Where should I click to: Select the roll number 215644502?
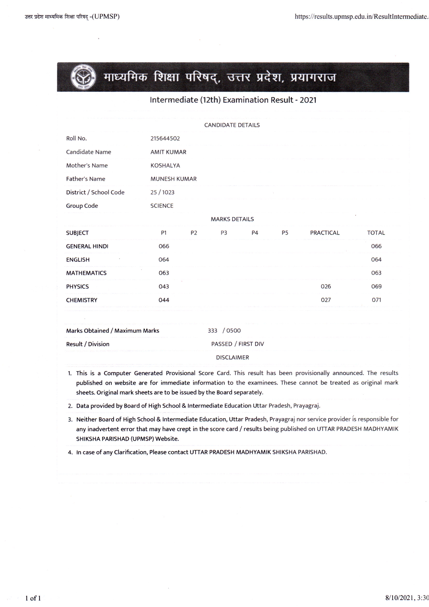[x=165, y=139]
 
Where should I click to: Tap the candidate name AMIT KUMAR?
[x=168, y=152]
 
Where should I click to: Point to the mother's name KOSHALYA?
[x=165, y=165]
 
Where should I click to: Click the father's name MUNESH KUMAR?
[x=173, y=179]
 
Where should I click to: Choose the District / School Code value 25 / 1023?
[x=162, y=192]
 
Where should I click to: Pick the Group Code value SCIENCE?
[x=162, y=206]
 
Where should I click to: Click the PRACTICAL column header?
[x=325, y=233]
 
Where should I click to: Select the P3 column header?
[x=224, y=233]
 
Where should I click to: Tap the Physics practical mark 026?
[x=326, y=286]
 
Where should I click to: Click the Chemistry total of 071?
[x=376, y=300]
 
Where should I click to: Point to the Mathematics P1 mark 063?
[x=164, y=273]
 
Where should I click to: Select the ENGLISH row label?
[x=78, y=260]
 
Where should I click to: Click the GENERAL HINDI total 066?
[x=376, y=246]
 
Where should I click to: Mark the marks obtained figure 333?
[x=212, y=331]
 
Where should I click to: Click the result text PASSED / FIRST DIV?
[x=238, y=344]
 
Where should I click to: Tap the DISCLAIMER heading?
[x=232, y=358]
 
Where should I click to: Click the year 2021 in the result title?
[x=308, y=100]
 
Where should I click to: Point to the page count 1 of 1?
[x=33, y=598]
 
